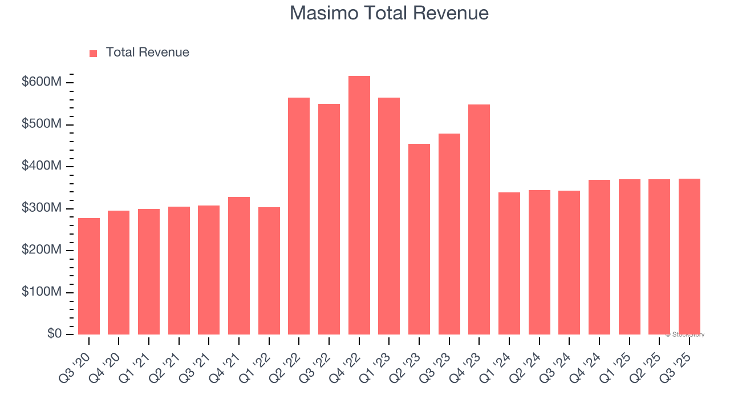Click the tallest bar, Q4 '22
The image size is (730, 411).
(x=359, y=205)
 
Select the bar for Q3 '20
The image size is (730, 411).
(x=89, y=276)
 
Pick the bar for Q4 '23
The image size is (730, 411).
(x=479, y=219)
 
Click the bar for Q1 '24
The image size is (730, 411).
(x=509, y=263)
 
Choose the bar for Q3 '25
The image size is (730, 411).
(x=689, y=256)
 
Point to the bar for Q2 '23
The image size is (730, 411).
(x=419, y=239)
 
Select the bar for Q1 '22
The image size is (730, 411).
(x=269, y=271)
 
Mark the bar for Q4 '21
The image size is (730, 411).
(x=239, y=265)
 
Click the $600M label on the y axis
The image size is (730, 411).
(x=42, y=82)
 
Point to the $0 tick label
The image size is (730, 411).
(x=54, y=334)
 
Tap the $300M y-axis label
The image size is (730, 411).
(x=42, y=208)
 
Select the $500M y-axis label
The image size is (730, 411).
(x=42, y=124)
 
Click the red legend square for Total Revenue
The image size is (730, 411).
(x=94, y=53)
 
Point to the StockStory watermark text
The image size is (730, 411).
(x=687, y=335)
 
